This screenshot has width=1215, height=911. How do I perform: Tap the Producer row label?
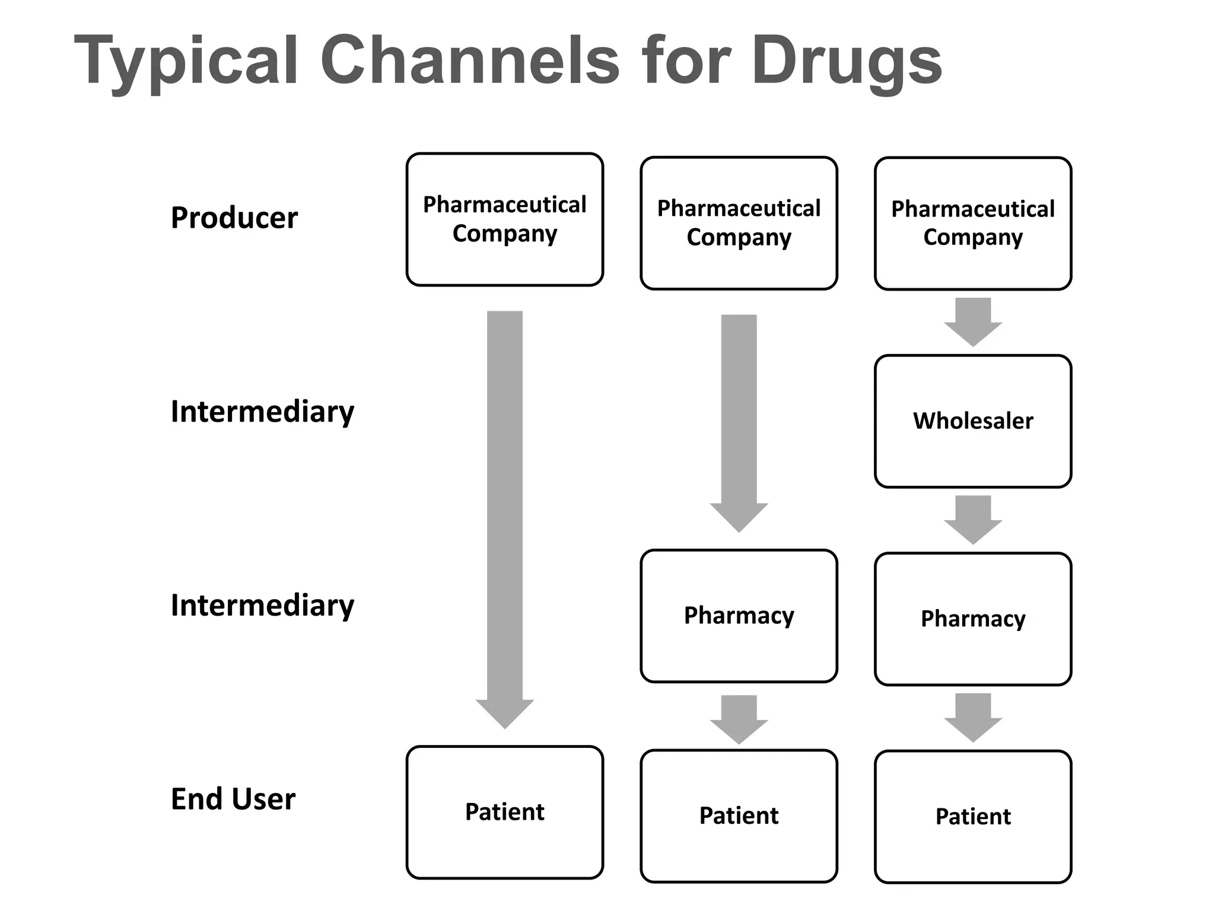click(234, 218)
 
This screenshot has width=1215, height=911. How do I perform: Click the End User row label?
click(233, 799)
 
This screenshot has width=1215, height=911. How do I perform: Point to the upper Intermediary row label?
click(262, 412)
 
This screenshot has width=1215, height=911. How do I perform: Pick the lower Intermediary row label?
click(262, 606)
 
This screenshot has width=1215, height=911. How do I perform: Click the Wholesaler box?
click(973, 421)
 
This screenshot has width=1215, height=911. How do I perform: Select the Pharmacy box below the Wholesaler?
click(973, 619)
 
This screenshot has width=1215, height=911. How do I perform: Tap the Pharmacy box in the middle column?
click(739, 616)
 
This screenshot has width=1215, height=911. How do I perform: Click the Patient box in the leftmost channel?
click(504, 812)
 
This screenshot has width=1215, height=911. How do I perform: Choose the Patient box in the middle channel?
click(739, 816)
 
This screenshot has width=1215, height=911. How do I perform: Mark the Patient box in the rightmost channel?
click(973, 817)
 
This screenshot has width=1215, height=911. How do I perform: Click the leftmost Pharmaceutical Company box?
click(504, 219)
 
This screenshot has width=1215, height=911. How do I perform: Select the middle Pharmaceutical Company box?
click(739, 223)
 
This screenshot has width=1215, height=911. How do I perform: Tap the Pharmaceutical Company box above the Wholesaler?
click(973, 223)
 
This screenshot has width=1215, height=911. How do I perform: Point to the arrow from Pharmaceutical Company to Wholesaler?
click(973, 320)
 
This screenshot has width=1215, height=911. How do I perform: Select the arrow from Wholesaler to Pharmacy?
click(973, 518)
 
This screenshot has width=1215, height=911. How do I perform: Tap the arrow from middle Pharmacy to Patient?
click(739, 718)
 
